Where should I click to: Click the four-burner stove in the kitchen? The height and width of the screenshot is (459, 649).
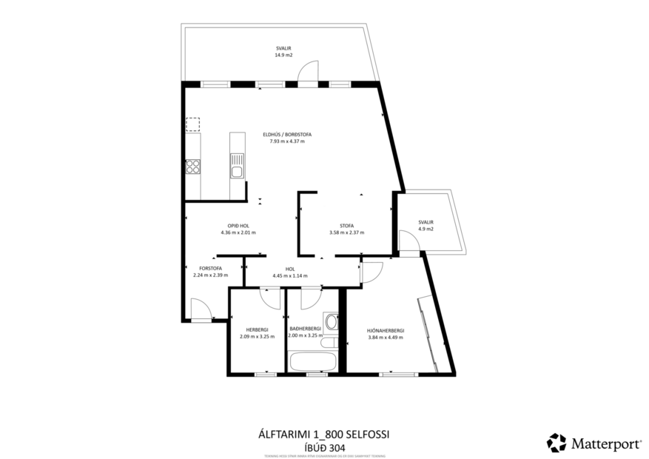click(x=192, y=167)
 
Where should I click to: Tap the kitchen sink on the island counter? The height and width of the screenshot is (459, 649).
click(x=237, y=172)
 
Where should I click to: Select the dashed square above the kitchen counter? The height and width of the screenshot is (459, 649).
click(x=192, y=124)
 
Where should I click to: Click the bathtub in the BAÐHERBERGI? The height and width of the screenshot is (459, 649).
click(x=312, y=363)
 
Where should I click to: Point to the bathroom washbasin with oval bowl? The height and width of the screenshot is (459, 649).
click(x=331, y=323)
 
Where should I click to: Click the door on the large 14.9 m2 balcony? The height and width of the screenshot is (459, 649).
click(x=308, y=73)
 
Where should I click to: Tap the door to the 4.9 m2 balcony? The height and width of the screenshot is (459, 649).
click(x=407, y=241)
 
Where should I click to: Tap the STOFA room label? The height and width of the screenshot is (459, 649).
click(x=346, y=226)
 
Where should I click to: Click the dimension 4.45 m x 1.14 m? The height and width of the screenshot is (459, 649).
click(x=289, y=276)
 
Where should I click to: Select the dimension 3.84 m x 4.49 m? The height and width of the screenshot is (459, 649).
click(x=386, y=338)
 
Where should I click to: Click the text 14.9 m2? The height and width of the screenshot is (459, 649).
click(x=283, y=54)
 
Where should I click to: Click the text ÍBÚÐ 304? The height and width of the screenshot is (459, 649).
click(x=324, y=446)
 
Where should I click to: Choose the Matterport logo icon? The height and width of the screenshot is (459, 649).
click(x=556, y=443)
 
